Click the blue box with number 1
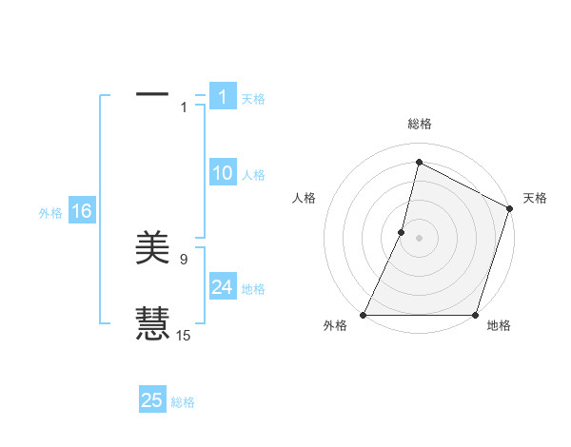(x=223, y=96)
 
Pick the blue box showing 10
(x=223, y=173)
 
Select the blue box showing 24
(x=223, y=287)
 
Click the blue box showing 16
(x=81, y=211)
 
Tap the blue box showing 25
(x=152, y=400)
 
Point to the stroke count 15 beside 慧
(x=184, y=335)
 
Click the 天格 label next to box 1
(x=253, y=99)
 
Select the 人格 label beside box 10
(x=253, y=175)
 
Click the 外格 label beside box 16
(x=50, y=213)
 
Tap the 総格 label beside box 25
(x=183, y=402)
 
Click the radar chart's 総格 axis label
(x=420, y=125)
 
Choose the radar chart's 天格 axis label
(x=535, y=198)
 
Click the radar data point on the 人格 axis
(x=402, y=232)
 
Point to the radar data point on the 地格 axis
(x=475, y=315)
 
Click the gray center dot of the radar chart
(x=420, y=238)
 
